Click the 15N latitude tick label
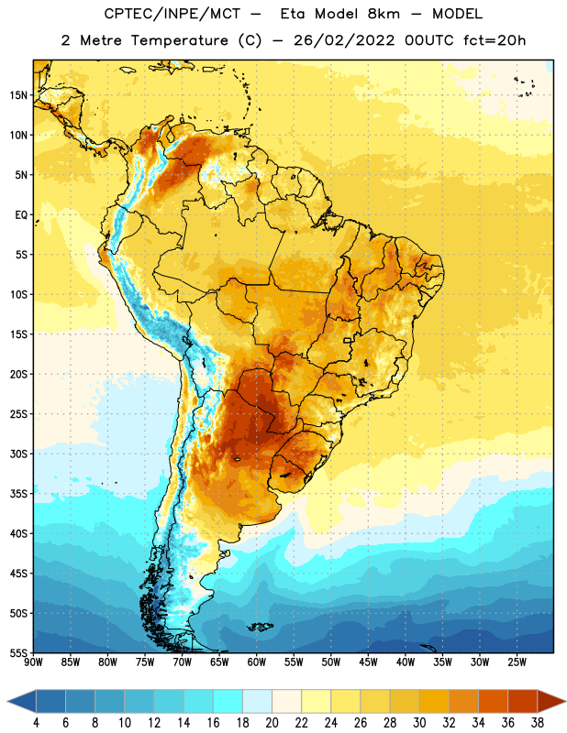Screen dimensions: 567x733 click(18, 95)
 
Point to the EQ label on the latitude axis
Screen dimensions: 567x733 click(21, 215)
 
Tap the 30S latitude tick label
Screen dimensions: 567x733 click(18, 454)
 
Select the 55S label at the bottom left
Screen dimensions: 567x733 click(18, 653)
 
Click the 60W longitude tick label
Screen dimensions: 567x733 click(257, 662)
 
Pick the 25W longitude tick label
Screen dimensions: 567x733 click(517, 662)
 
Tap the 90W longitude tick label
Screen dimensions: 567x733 click(33, 662)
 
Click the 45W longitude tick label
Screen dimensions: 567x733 click(368, 662)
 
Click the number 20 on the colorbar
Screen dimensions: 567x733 click(272, 723)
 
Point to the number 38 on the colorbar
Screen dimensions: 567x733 click(538, 723)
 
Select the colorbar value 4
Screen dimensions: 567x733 click(36, 723)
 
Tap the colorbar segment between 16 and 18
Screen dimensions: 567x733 click(228, 701)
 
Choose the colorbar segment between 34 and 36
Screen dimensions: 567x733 click(493, 701)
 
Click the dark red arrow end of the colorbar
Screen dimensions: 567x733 click(550, 701)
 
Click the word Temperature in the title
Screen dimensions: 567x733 click(179, 40)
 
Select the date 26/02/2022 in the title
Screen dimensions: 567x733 click(344, 40)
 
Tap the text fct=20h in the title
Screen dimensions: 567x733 click(495, 40)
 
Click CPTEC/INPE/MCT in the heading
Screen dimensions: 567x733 click(172, 14)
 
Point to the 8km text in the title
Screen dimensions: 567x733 click(384, 14)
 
